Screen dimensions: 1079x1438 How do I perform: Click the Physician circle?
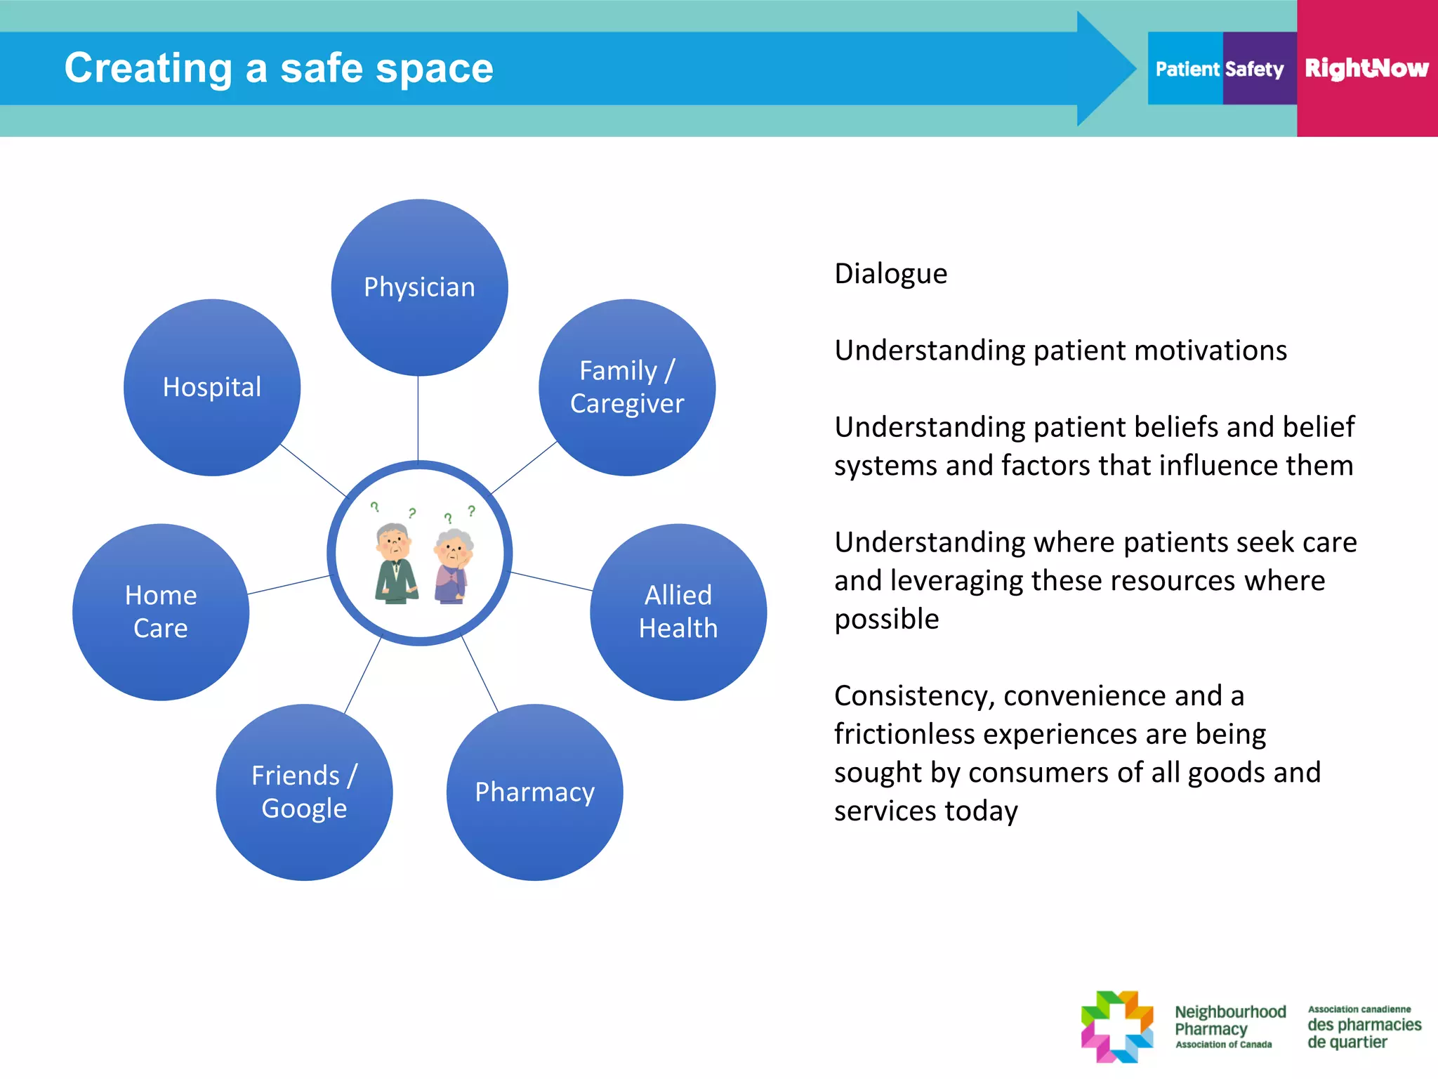[x=419, y=287]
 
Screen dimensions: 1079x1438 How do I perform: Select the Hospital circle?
[x=212, y=387]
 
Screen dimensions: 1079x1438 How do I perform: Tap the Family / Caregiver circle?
[x=627, y=387]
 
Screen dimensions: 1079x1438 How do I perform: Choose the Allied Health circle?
[x=678, y=612]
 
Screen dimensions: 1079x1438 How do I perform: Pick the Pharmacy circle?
[x=534, y=792]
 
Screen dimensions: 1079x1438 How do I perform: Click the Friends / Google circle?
[x=304, y=792]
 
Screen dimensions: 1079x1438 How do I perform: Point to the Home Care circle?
[x=161, y=612]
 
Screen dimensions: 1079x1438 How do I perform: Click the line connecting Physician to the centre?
[x=418, y=418]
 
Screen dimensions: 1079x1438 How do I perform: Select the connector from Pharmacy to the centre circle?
[x=480, y=674]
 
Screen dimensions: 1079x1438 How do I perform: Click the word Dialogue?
[x=890, y=274]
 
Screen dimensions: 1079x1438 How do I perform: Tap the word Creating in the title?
[x=148, y=68]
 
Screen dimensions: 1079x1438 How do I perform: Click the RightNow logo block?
[x=1366, y=68]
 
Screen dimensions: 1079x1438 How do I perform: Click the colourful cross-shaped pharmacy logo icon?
[x=1117, y=1026]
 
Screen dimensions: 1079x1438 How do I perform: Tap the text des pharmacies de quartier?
[x=1364, y=1033]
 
